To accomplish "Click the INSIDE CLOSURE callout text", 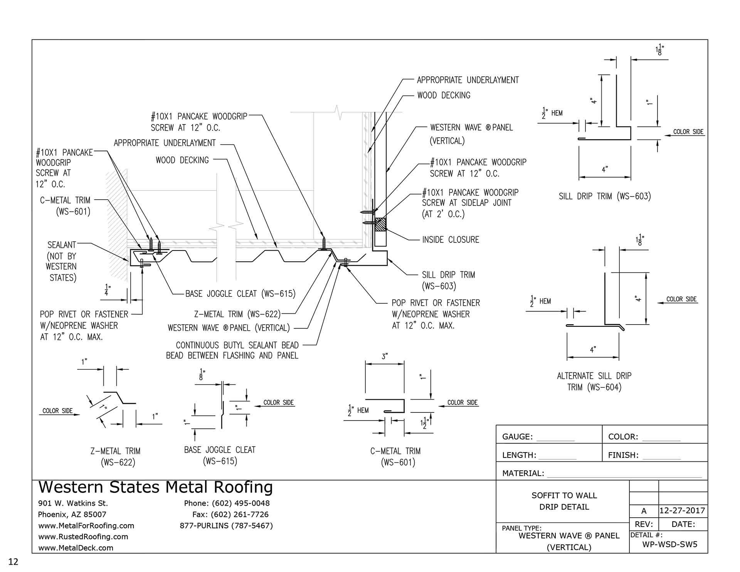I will [x=450, y=240].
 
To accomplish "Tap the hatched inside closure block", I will [x=380, y=225].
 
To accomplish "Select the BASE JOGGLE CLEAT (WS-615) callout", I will [x=240, y=294].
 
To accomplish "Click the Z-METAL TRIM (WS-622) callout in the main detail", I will [x=237, y=314].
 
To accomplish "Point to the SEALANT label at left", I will [x=62, y=245].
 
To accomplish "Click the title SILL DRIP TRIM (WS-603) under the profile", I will [x=604, y=197].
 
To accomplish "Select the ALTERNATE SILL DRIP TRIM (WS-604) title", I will [x=594, y=381].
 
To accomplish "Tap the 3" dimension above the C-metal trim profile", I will [x=384, y=357].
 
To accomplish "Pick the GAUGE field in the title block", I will [x=517, y=437].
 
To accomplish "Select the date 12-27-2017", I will [x=682, y=511].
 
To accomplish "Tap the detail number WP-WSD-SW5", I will [x=669, y=544].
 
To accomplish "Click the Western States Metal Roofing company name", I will [x=155, y=487].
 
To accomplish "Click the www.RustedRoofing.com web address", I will [x=83, y=537].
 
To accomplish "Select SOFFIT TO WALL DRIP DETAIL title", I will [x=564, y=501].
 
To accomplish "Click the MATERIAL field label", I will [x=523, y=473].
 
